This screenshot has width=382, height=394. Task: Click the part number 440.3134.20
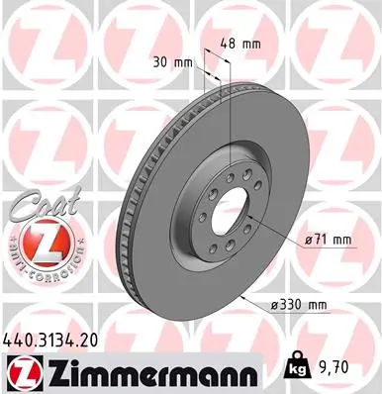[x=56, y=339]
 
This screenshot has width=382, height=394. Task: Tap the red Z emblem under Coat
[x=34, y=241]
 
